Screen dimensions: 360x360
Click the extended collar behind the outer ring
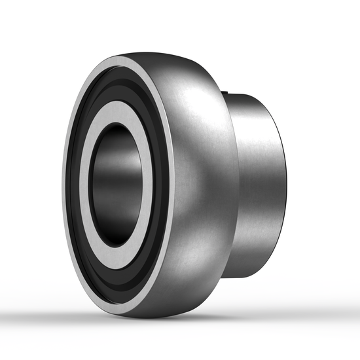tap(259, 183)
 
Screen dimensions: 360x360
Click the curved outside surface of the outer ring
tap(196, 183)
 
